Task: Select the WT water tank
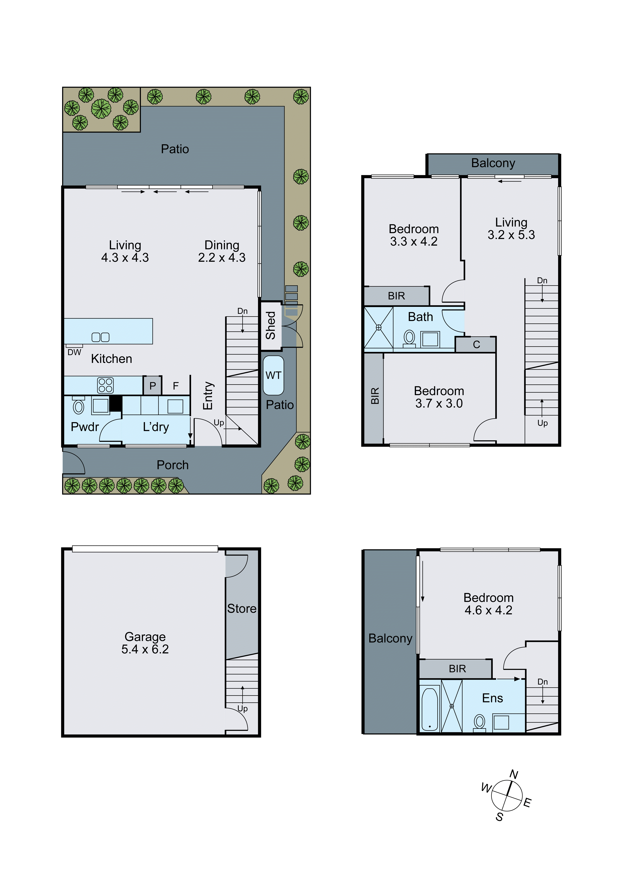[273, 375]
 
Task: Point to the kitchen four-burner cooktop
[105, 385]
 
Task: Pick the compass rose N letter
[514, 774]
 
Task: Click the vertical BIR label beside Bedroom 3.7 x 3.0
[375, 396]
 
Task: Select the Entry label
[208, 396]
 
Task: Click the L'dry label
[156, 427]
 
